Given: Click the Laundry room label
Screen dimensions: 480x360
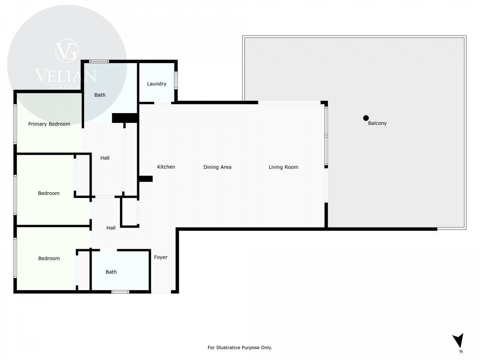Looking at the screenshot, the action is click(x=156, y=84).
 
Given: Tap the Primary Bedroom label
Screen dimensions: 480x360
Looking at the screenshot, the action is click(x=49, y=124).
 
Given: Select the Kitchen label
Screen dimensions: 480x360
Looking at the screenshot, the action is click(x=166, y=167).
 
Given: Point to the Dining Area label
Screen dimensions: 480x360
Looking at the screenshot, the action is click(x=217, y=167).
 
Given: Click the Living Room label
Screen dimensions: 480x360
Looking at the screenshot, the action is click(x=284, y=167).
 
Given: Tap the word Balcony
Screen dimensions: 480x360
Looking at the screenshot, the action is click(x=377, y=123).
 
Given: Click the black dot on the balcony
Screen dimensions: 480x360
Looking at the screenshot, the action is click(x=366, y=118).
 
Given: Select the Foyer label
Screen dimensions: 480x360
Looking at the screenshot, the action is click(x=161, y=257).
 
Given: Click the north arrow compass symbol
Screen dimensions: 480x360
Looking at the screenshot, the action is click(x=458, y=343).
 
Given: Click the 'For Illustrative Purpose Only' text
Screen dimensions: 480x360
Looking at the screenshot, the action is click(x=240, y=347).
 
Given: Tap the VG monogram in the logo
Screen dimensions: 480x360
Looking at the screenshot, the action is click(x=67, y=51).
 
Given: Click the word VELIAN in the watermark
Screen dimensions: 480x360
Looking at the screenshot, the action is click(x=66, y=76).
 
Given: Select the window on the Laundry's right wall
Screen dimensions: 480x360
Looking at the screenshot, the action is click(x=176, y=80).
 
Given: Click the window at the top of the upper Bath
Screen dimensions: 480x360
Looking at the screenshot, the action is click(x=99, y=62).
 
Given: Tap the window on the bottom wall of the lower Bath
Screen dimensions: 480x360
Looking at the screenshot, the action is click(x=120, y=292).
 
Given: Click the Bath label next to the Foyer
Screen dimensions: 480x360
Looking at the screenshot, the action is click(x=111, y=272).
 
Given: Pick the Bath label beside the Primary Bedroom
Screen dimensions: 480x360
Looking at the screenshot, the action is click(x=100, y=95).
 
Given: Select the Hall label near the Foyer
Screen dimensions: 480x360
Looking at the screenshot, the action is click(x=111, y=228).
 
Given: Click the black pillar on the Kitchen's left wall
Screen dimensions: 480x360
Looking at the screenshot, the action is click(x=146, y=179).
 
